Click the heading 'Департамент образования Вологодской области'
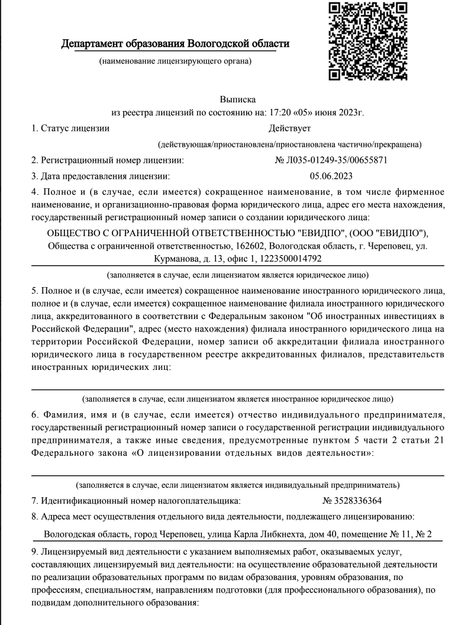176,44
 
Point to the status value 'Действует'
289,128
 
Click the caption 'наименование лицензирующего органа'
175,62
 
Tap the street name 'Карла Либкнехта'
247,534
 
